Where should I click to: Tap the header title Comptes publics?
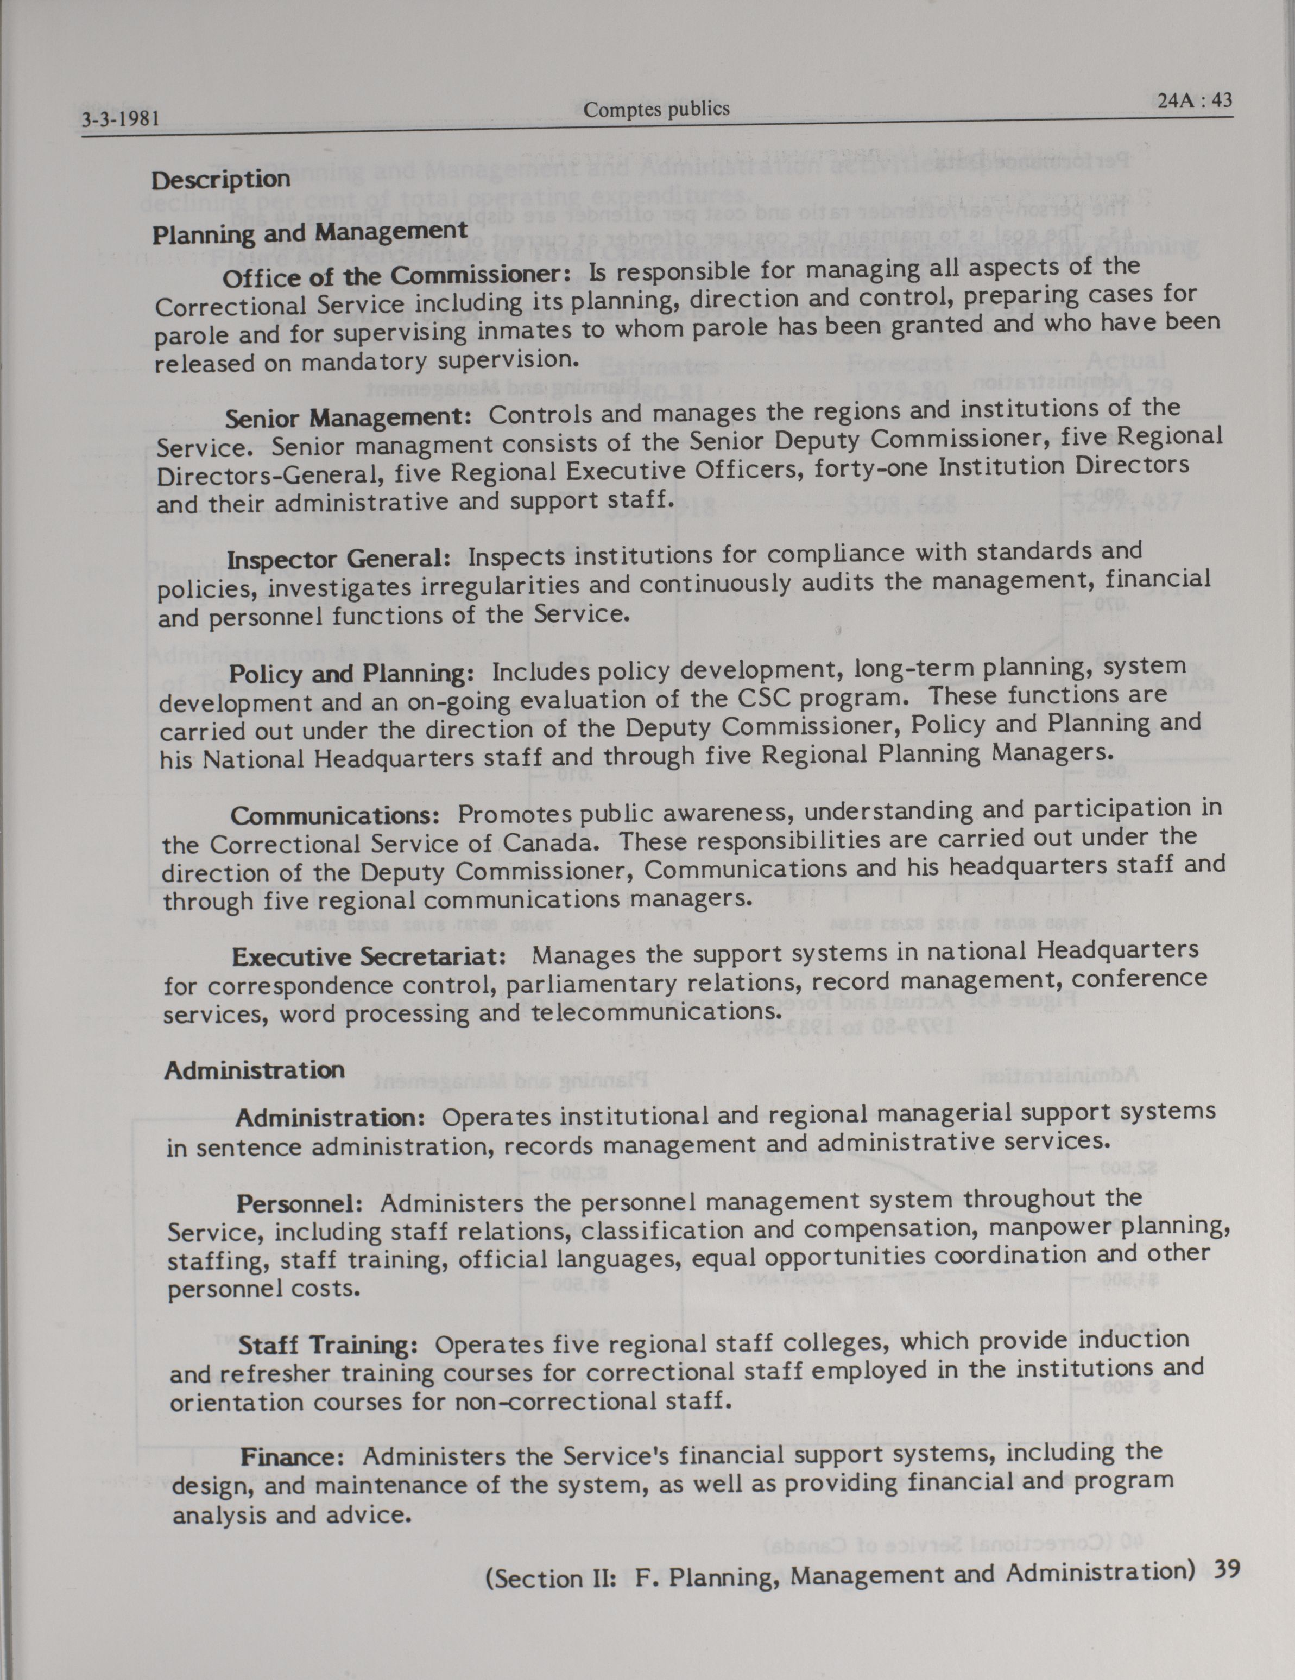[655, 109]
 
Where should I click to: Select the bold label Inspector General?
[339, 559]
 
